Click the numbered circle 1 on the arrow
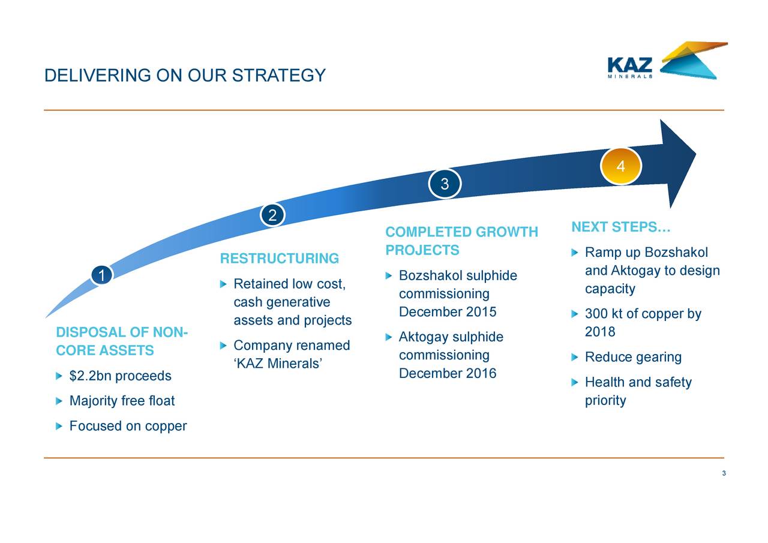102,275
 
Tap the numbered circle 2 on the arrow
272,215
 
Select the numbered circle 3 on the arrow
445,184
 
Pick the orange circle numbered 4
620,166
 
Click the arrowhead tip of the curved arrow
695,153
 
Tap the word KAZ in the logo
630,65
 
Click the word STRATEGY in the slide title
279,76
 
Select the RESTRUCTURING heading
280,259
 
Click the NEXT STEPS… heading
620,227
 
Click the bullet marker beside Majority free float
59,401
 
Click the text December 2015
448,312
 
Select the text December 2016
448,373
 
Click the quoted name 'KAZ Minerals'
278,364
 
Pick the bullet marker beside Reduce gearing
575,358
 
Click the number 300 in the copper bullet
596,314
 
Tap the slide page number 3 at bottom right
724,473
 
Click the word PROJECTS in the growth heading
422,250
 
